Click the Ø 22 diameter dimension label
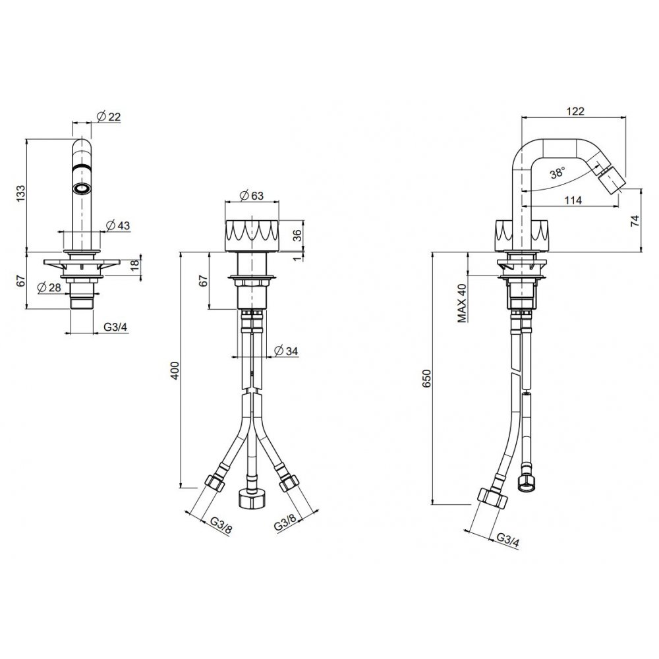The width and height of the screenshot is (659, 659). coord(109,117)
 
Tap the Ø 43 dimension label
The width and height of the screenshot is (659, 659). coord(118,225)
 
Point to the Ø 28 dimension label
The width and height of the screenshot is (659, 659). coord(49,287)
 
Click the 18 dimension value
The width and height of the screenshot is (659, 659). coord(134,266)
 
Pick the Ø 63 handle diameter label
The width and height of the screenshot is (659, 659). coord(251,196)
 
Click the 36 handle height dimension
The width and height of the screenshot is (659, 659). coord(297,235)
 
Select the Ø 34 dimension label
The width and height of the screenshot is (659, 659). coord(286,350)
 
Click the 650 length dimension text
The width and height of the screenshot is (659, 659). coord(428,378)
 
